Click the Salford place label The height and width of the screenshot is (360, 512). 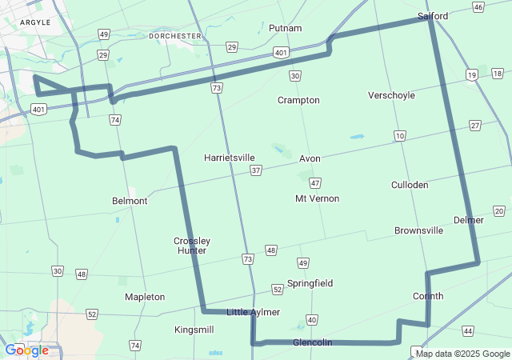(x=433, y=15)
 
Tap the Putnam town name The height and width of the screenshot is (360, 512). (x=286, y=28)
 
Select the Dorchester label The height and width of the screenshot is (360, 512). (x=175, y=36)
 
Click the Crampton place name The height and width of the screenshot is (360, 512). (x=298, y=100)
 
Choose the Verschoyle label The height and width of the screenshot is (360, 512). (x=391, y=95)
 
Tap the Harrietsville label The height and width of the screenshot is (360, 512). (x=229, y=158)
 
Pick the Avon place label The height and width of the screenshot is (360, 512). (x=310, y=158)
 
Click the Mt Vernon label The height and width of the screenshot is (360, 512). (x=317, y=198)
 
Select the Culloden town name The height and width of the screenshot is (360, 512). (x=410, y=185)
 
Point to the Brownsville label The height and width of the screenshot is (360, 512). (x=418, y=230)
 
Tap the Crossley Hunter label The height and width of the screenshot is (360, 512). (x=192, y=246)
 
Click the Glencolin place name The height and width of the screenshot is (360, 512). (x=312, y=342)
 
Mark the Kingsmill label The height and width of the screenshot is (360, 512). (x=194, y=330)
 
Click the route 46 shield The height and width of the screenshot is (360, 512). (x=478, y=7)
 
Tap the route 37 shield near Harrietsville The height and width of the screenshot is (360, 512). (x=255, y=170)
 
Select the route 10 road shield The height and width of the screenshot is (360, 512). (x=399, y=136)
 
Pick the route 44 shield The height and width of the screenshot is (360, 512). (x=468, y=330)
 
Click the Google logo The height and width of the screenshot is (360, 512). (x=27, y=350)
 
